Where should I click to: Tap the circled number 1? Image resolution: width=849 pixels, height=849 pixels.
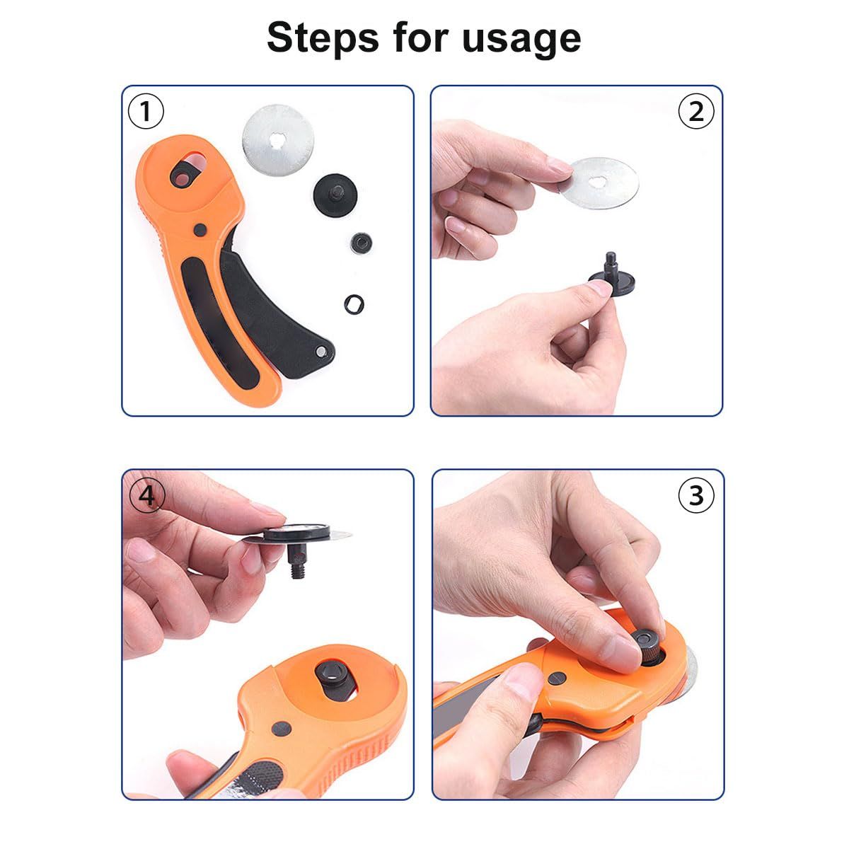146,112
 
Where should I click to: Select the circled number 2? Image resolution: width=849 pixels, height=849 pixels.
696,112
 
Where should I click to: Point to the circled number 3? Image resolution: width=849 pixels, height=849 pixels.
696,496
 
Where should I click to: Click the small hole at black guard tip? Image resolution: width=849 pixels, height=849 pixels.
323,351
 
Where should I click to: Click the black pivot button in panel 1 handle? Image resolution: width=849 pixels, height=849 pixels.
201,229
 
